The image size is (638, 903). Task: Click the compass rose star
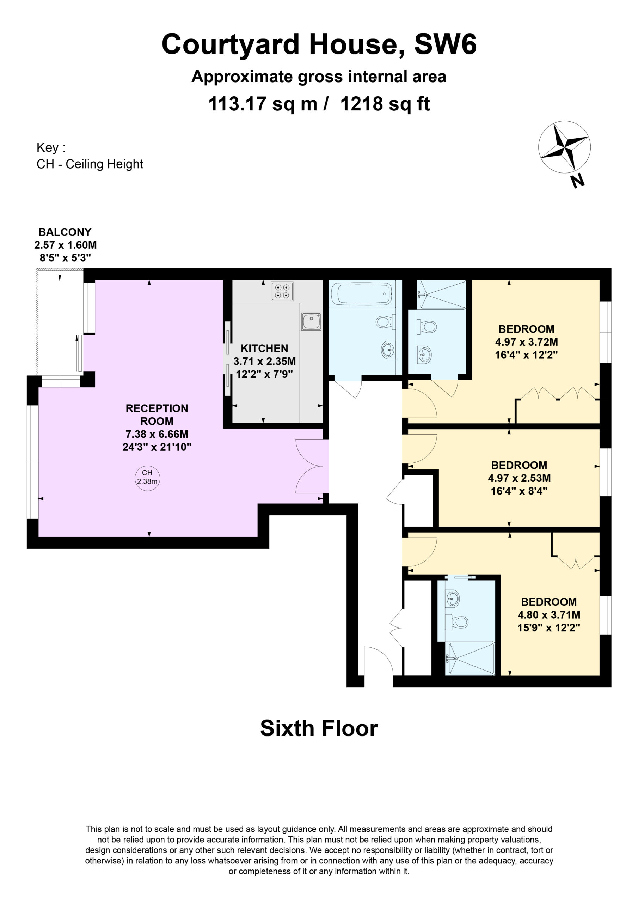click(564, 147)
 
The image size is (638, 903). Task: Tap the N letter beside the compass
click(577, 181)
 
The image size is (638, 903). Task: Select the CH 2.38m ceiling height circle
click(147, 478)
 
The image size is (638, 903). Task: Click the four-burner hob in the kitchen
click(282, 291)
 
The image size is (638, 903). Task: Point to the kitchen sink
click(311, 321)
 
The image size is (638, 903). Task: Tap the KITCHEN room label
click(264, 349)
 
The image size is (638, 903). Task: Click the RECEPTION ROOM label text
click(157, 414)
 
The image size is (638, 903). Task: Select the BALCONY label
click(65, 232)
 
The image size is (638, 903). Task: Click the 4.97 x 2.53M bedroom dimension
click(519, 478)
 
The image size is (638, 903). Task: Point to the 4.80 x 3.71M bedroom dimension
click(549, 615)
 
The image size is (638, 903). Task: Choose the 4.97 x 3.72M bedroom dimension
click(526, 342)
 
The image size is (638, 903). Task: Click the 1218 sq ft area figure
click(385, 104)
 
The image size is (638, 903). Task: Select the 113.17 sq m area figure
click(263, 104)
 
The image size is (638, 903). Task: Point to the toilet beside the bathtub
click(385, 322)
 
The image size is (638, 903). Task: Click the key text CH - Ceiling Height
click(90, 164)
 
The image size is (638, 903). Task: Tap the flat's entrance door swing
click(379, 661)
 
